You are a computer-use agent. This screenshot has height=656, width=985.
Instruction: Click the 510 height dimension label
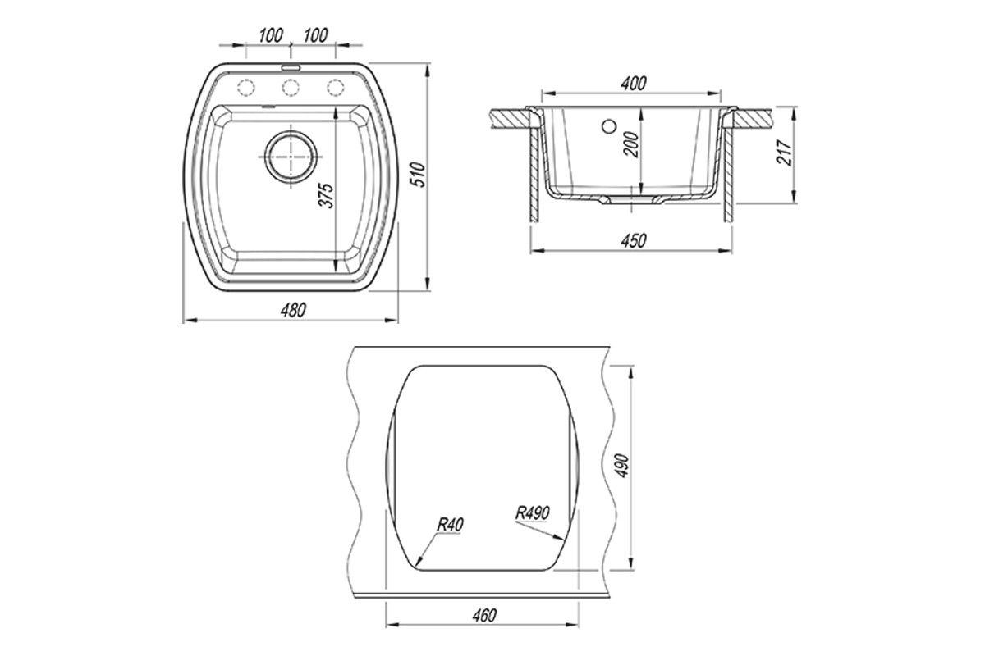pyautogui.click(x=420, y=175)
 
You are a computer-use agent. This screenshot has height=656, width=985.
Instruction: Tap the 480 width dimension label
pyautogui.click(x=293, y=311)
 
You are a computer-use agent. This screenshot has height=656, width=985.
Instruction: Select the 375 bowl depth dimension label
pyautogui.click(x=327, y=195)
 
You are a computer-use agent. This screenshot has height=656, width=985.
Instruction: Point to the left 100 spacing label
pyautogui.click(x=270, y=35)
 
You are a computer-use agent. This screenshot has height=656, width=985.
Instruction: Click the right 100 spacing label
pyautogui.click(x=315, y=35)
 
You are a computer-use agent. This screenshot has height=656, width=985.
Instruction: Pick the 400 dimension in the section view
pyautogui.click(x=633, y=84)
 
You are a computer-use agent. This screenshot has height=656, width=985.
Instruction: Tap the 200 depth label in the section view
pyautogui.click(x=630, y=144)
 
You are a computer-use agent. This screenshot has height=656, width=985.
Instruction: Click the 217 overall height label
pyautogui.click(x=784, y=153)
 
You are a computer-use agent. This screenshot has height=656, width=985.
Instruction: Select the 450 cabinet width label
pyautogui.click(x=633, y=241)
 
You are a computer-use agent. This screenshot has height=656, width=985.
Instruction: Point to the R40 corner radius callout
pyautogui.click(x=450, y=524)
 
